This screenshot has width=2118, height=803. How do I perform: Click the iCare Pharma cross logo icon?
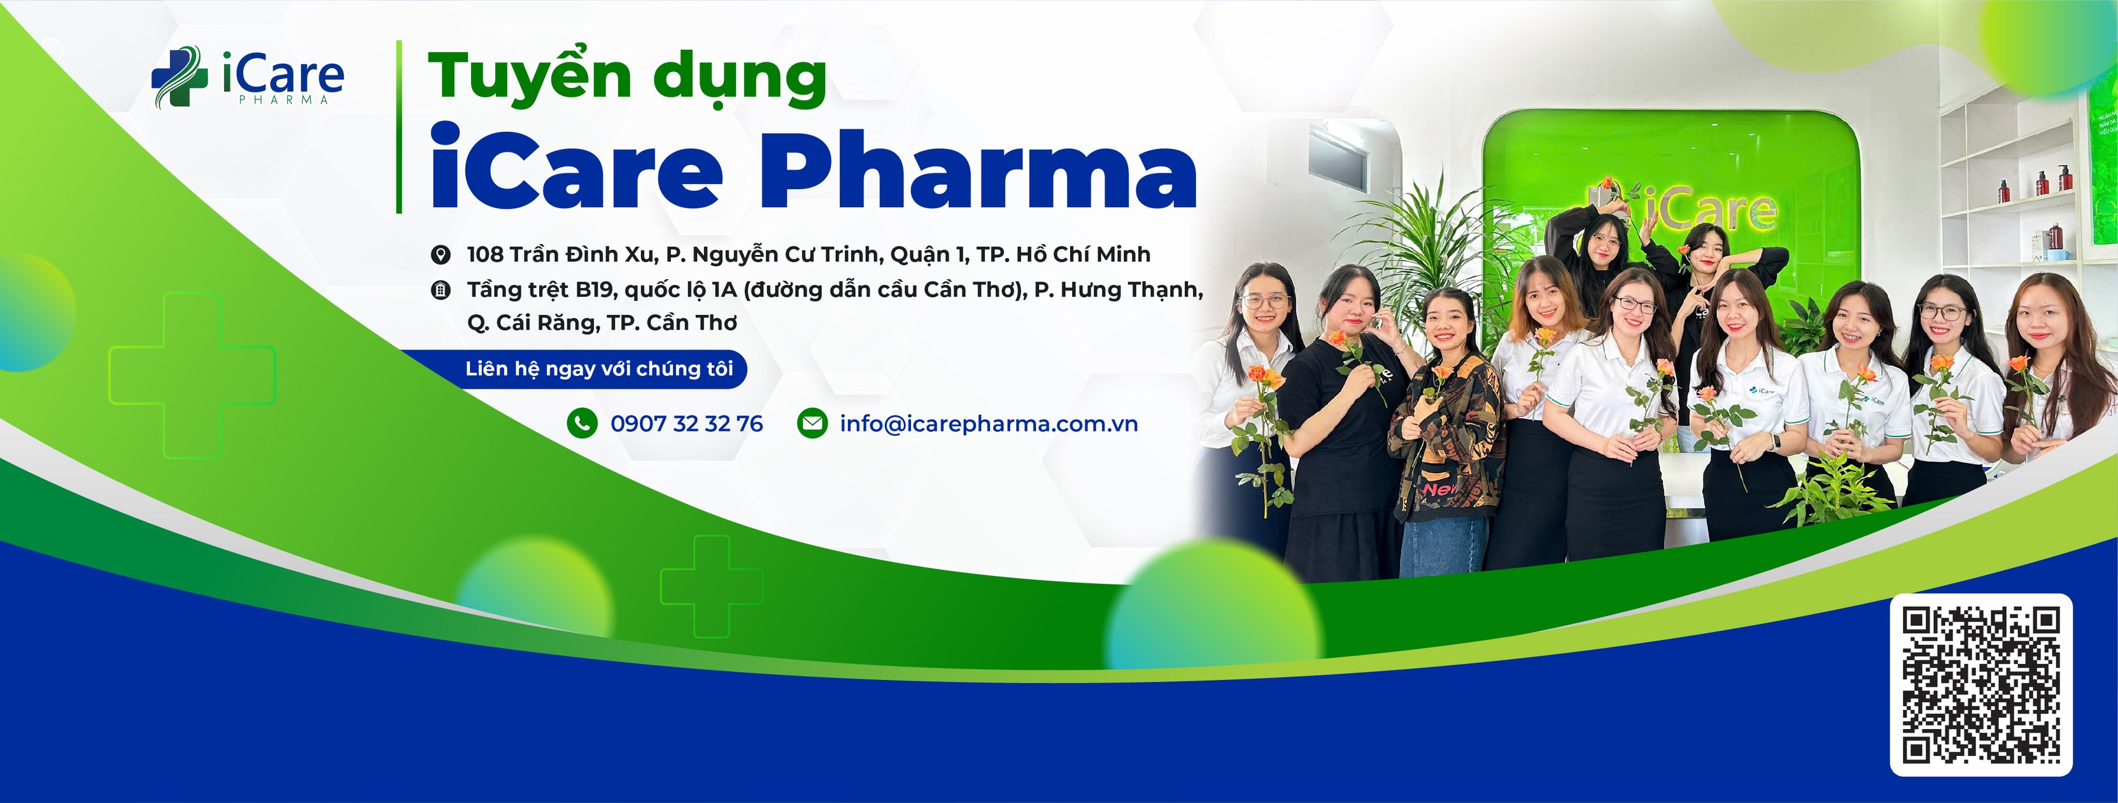coord(178,76)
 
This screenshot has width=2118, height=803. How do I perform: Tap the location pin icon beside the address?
coord(441,255)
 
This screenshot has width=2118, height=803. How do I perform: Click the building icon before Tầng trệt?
coord(441,289)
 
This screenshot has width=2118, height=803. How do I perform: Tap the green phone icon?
coord(581,424)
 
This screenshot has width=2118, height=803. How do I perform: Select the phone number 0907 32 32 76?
coord(686,424)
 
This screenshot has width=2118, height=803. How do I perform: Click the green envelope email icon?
coord(812,424)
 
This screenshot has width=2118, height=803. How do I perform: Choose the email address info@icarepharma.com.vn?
coord(988,424)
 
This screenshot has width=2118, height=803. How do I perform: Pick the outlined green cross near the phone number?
coord(711,586)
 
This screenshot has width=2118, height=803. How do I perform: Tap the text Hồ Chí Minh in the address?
coord(1083,255)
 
